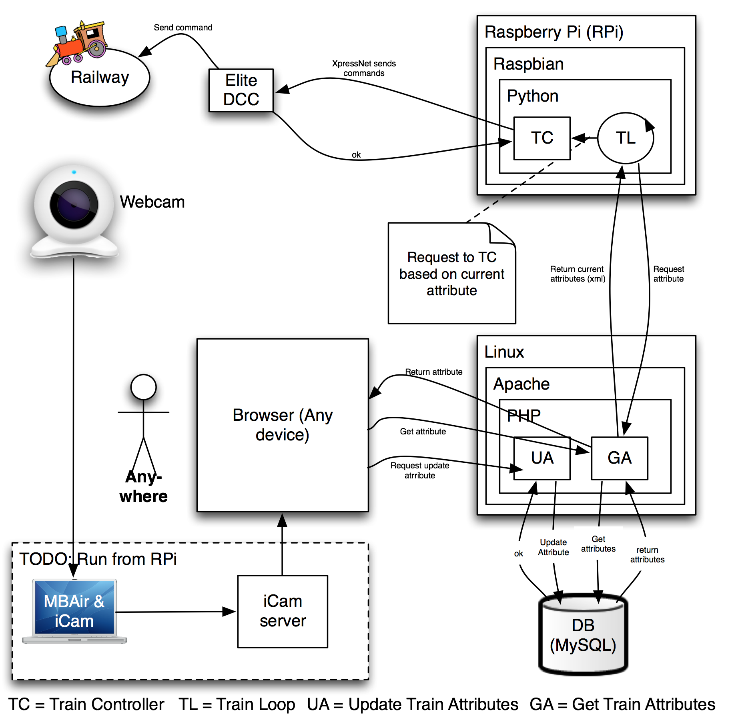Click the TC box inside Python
point(541,138)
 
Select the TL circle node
point(625,138)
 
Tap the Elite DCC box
point(241,90)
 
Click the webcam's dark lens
point(74,204)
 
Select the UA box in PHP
point(542,458)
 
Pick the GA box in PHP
point(619,458)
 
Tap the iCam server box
point(283,611)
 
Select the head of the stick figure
point(143,387)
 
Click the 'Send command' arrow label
point(183,28)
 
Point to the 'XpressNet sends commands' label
point(364,68)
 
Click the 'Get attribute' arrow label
point(423,432)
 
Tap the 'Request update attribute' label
point(419,470)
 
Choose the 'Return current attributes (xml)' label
point(577,274)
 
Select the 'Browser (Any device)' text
point(283,425)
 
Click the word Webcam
point(152,202)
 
